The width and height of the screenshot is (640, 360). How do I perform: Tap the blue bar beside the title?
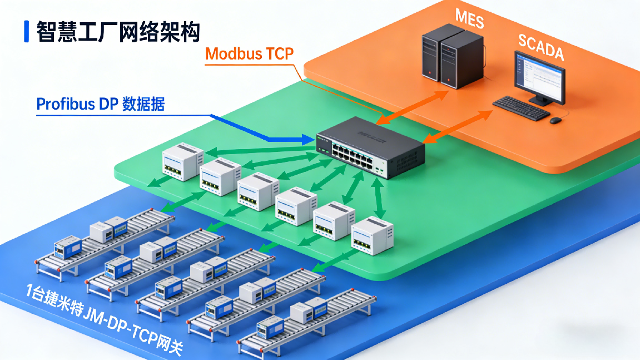click(26, 32)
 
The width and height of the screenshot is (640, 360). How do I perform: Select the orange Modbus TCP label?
click(250, 54)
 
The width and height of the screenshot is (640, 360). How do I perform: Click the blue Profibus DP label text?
click(100, 104)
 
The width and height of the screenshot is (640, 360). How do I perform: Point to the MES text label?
click(470, 19)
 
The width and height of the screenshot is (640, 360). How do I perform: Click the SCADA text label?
click(540, 47)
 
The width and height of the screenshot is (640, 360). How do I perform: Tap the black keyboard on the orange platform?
click(521, 108)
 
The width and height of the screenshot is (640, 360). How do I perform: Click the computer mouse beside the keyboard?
click(555, 120)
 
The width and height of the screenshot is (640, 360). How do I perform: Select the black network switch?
click(370, 146)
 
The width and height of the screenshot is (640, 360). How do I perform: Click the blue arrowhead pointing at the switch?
click(308, 140)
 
